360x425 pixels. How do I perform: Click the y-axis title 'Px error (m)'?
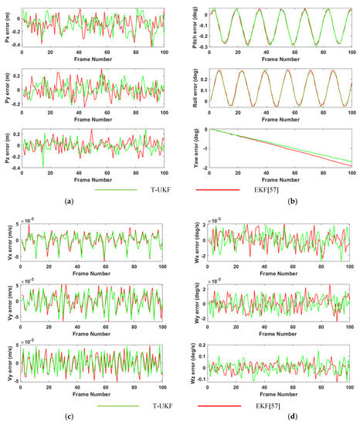tap(5, 24)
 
